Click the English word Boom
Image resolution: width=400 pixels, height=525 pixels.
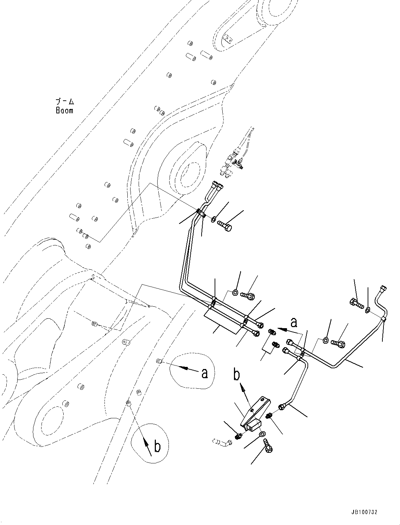tap(64, 111)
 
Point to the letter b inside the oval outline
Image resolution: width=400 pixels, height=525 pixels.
tap(157, 446)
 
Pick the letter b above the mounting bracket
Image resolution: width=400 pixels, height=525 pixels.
tap(237, 375)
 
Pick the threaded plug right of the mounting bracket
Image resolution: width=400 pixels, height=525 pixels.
tap(269, 416)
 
